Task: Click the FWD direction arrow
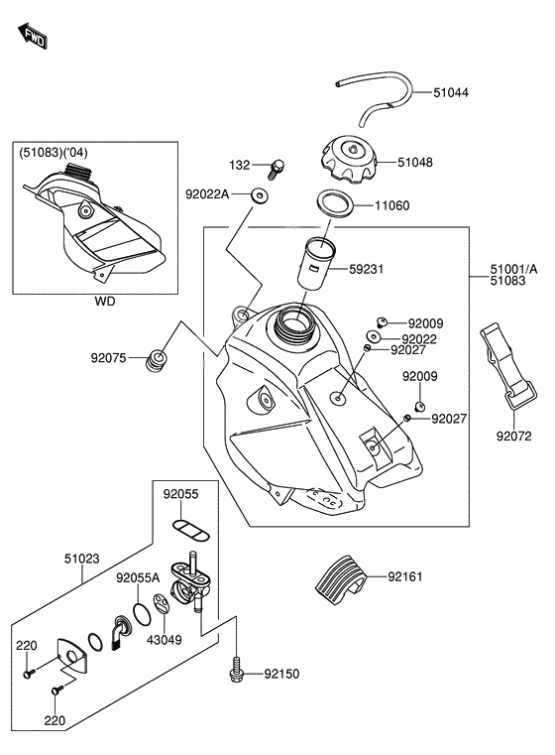click(33, 36)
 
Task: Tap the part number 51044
click(451, 92)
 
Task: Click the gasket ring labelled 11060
click(335, 204)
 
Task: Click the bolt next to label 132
click(277, 169)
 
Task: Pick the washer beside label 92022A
click(260, 195)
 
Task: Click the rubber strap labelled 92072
click(507, 366)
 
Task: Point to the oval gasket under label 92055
click(191, 531)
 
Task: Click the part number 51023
click(81, 559)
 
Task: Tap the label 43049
click(164, 640)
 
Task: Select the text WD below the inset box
click(105, 302)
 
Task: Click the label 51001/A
click(513, 269)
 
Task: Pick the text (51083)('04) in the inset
click(54, 153)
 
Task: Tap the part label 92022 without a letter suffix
click(419, 339)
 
